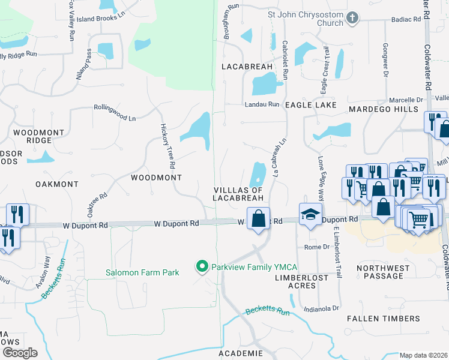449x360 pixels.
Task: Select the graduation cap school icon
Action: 311,215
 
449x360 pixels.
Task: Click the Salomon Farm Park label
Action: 142,272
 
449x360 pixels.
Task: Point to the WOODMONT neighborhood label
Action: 156,178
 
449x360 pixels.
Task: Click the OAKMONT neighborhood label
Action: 57,184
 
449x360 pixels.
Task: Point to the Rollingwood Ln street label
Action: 114,113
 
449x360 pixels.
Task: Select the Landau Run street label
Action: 262,104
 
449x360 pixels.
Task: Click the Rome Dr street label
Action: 317,247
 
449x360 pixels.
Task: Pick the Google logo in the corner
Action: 20,352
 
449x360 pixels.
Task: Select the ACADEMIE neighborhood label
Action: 240,353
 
